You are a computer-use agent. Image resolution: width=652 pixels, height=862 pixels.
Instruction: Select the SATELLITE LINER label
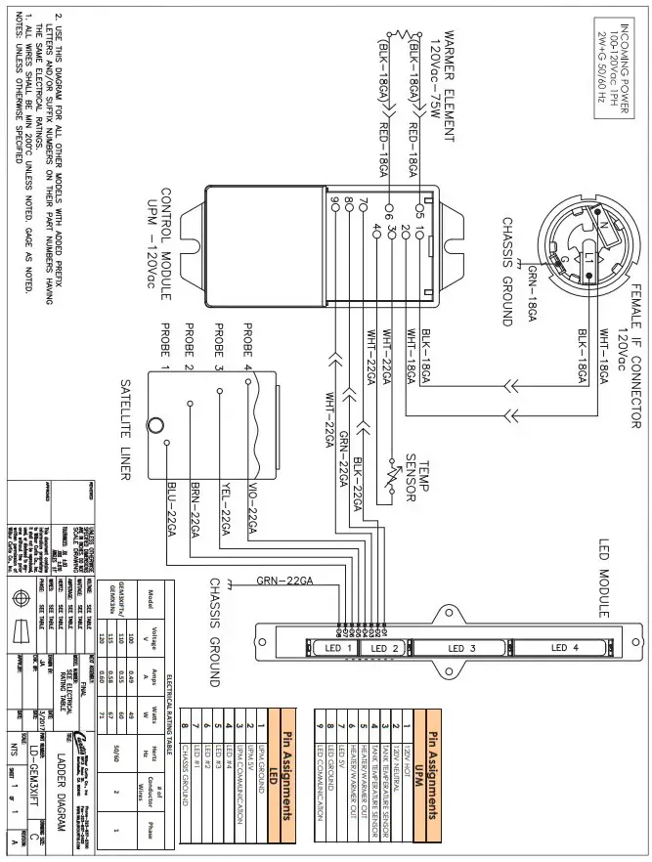[125, 431]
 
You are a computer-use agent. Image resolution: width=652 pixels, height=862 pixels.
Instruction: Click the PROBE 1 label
[165, 346]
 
